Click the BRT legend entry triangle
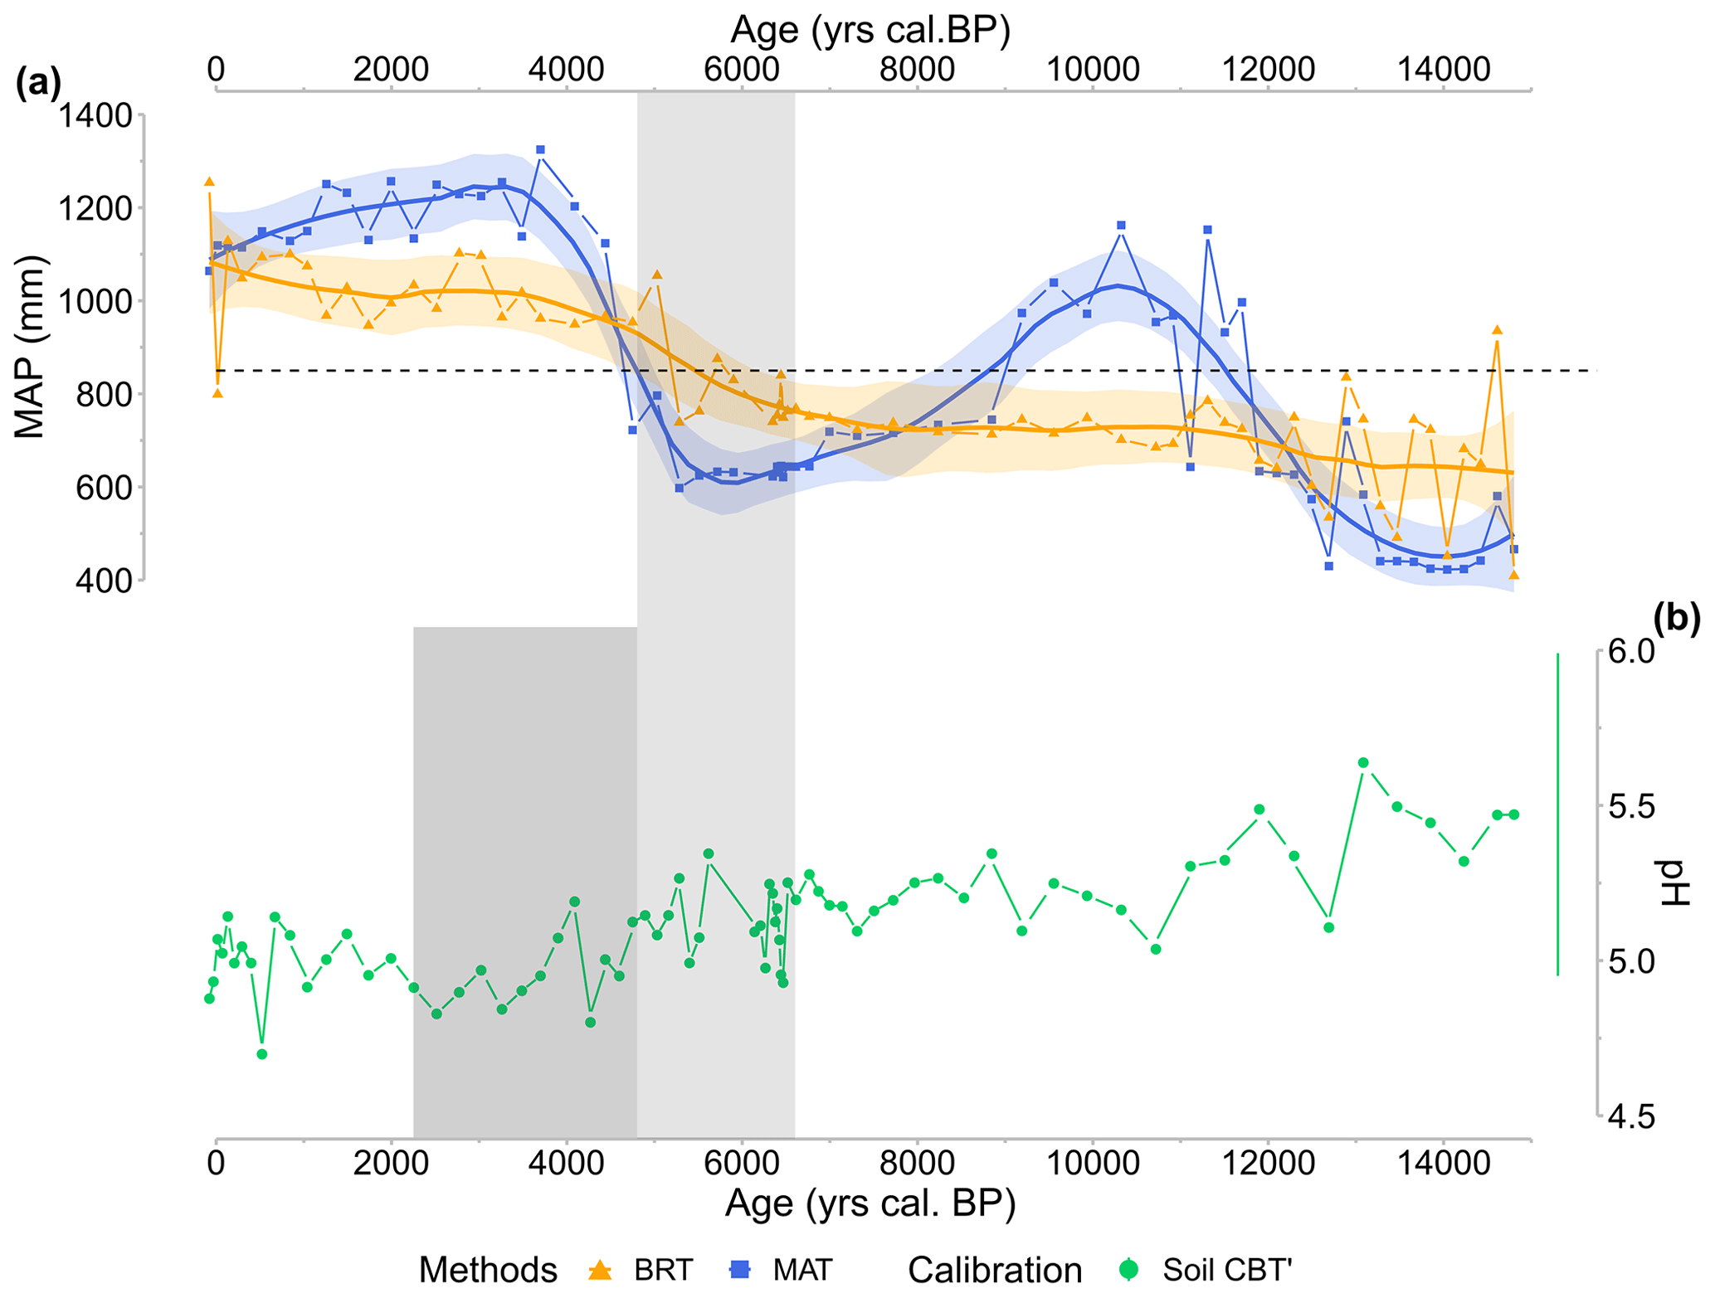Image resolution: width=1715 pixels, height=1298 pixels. pos(599,1269)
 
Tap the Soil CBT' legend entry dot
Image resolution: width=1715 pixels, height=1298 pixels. pos(1128,1269)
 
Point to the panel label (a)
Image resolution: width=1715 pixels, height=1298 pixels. pos(38,83)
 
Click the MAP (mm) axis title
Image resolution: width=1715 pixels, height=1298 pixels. pos(30,347)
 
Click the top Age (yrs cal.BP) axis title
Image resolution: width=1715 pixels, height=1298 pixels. pos(870,30)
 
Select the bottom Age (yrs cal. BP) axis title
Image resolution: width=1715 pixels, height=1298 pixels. pos(870,1203)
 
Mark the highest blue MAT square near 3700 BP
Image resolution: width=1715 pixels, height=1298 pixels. pos(540,150)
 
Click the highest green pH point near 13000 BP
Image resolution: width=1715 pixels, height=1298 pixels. pos(1363,762)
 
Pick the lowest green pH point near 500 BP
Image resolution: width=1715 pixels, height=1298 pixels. pos(261,1054)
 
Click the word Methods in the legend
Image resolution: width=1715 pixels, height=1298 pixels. pos(488,1270)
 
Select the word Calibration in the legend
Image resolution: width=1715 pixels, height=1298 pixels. pos(995,1270)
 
